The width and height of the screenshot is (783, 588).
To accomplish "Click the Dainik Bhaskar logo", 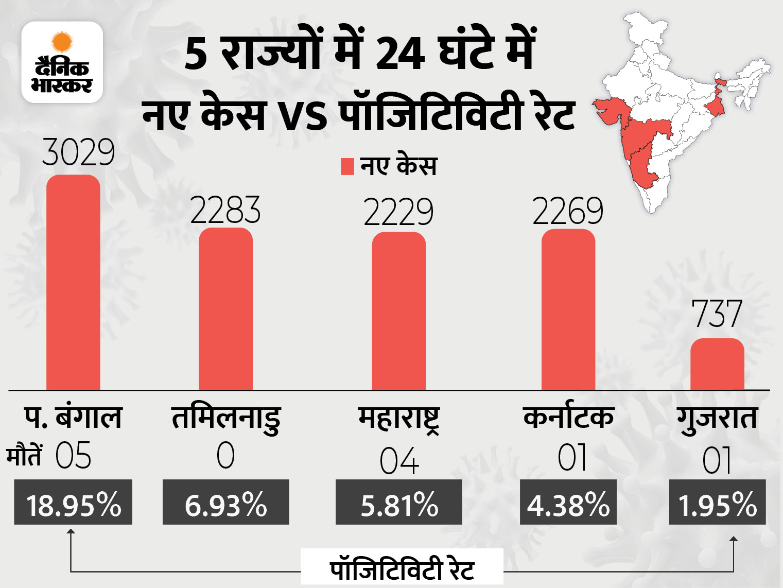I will click(62, 62).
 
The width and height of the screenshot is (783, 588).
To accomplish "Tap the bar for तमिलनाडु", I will click(225, 308).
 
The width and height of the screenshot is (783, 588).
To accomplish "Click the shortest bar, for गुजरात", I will click(717, 364).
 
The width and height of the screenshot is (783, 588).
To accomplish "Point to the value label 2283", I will click(225, 210).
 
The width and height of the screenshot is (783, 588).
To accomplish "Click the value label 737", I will click(717, 314).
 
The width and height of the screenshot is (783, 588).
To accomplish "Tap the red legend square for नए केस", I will click(347, 166).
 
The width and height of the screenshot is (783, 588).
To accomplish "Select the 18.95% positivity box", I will click(73, 503).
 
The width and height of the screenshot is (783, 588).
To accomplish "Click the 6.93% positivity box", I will click(225, 503).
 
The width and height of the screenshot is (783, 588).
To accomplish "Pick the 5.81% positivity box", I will click(399, 503).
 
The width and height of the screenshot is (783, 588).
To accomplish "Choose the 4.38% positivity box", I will click(568, 503).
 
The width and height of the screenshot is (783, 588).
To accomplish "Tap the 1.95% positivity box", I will click(717, 503).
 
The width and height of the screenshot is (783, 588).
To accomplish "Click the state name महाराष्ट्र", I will click(399, 419).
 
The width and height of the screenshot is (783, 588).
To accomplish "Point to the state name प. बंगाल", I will click(73, 418).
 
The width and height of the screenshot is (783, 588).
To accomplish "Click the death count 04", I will click(399, 461).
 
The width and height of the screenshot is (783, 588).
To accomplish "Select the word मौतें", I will click(24, 456).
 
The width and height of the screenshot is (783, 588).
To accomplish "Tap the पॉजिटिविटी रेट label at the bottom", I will click(402, 569).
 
